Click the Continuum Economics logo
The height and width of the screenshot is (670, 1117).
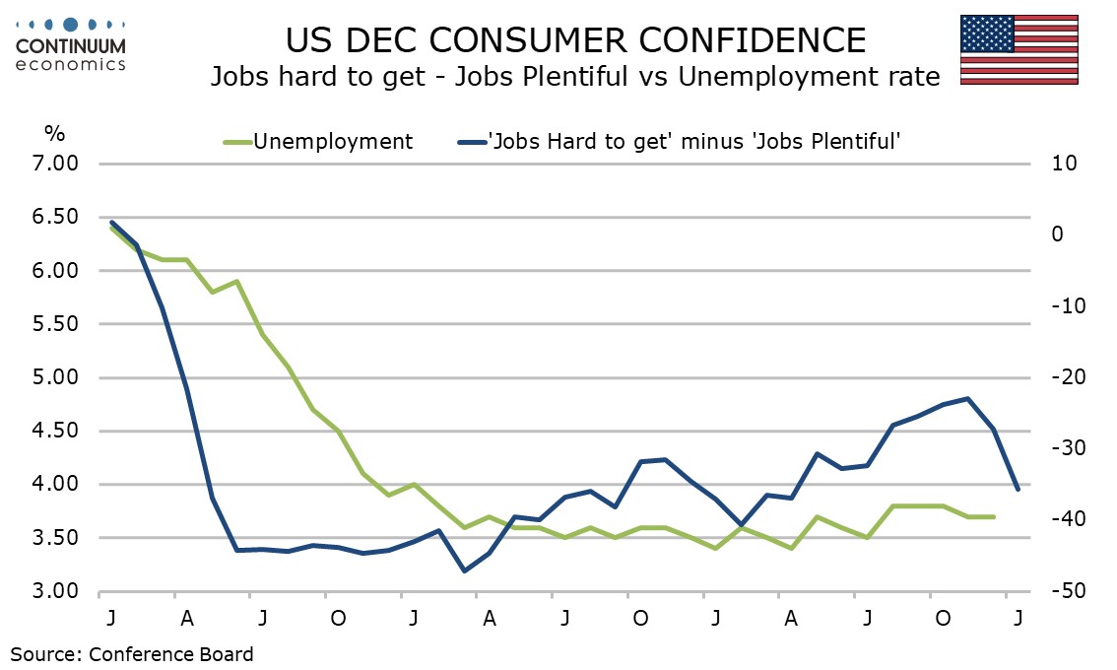pyautogui.click(x=70, y=44)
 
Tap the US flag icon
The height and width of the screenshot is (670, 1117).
pyautogui.click(x=1018, y=50)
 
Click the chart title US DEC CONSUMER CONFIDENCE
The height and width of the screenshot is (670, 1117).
pyautogui.click(x=575, y=40)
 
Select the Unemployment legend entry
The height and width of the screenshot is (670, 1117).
pyautogui.click(x=318, y=141)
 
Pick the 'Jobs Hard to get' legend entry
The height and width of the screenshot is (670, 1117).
pyautogui.click(x=679, y=141)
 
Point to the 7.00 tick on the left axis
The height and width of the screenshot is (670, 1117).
pyautogui.click(x=55, y=164)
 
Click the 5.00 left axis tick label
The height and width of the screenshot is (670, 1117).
pyautogui.click(x=55, y=377)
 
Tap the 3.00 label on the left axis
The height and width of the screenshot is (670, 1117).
pyautogui.click(x=55, y=591)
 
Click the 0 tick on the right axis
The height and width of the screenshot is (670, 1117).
pyautogui.click(x=1057, y=234)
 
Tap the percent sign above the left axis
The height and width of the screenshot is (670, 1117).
pyautogui.click(x=55, y=133)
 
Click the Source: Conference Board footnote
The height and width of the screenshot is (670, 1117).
pyautogui.click(x=132, y=654)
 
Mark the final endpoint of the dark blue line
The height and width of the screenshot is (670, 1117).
pyautogui.click(x=1018, y=489)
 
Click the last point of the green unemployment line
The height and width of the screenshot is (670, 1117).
pyautogui.click(x=993, y=516)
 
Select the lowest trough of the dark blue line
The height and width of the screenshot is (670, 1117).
pyautogui.click(x=465, y=570)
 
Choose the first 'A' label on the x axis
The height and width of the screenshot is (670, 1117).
pyautogui.click(x=187, y=618)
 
